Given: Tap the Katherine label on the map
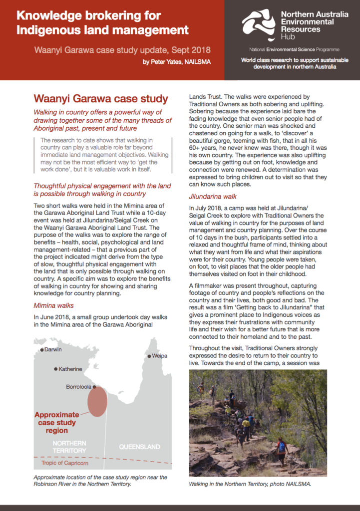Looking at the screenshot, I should [x=70, y=369].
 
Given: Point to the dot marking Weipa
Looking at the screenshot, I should [x=148, y=356].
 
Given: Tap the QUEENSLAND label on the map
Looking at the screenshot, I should [x=139, y=447].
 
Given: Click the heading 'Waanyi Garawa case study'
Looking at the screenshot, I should [x=100, y=99].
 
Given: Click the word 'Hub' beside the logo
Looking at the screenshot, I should [x=288, y=36].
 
